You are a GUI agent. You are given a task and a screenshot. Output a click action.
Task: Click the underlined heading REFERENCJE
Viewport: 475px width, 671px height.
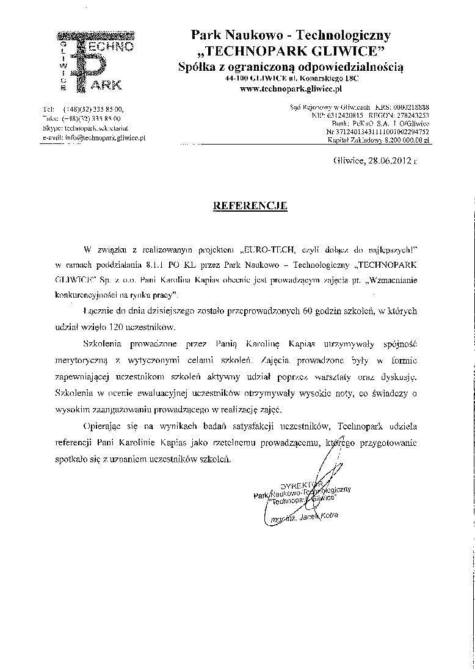250,206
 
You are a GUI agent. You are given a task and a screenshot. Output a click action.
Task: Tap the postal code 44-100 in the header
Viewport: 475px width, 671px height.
236,79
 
